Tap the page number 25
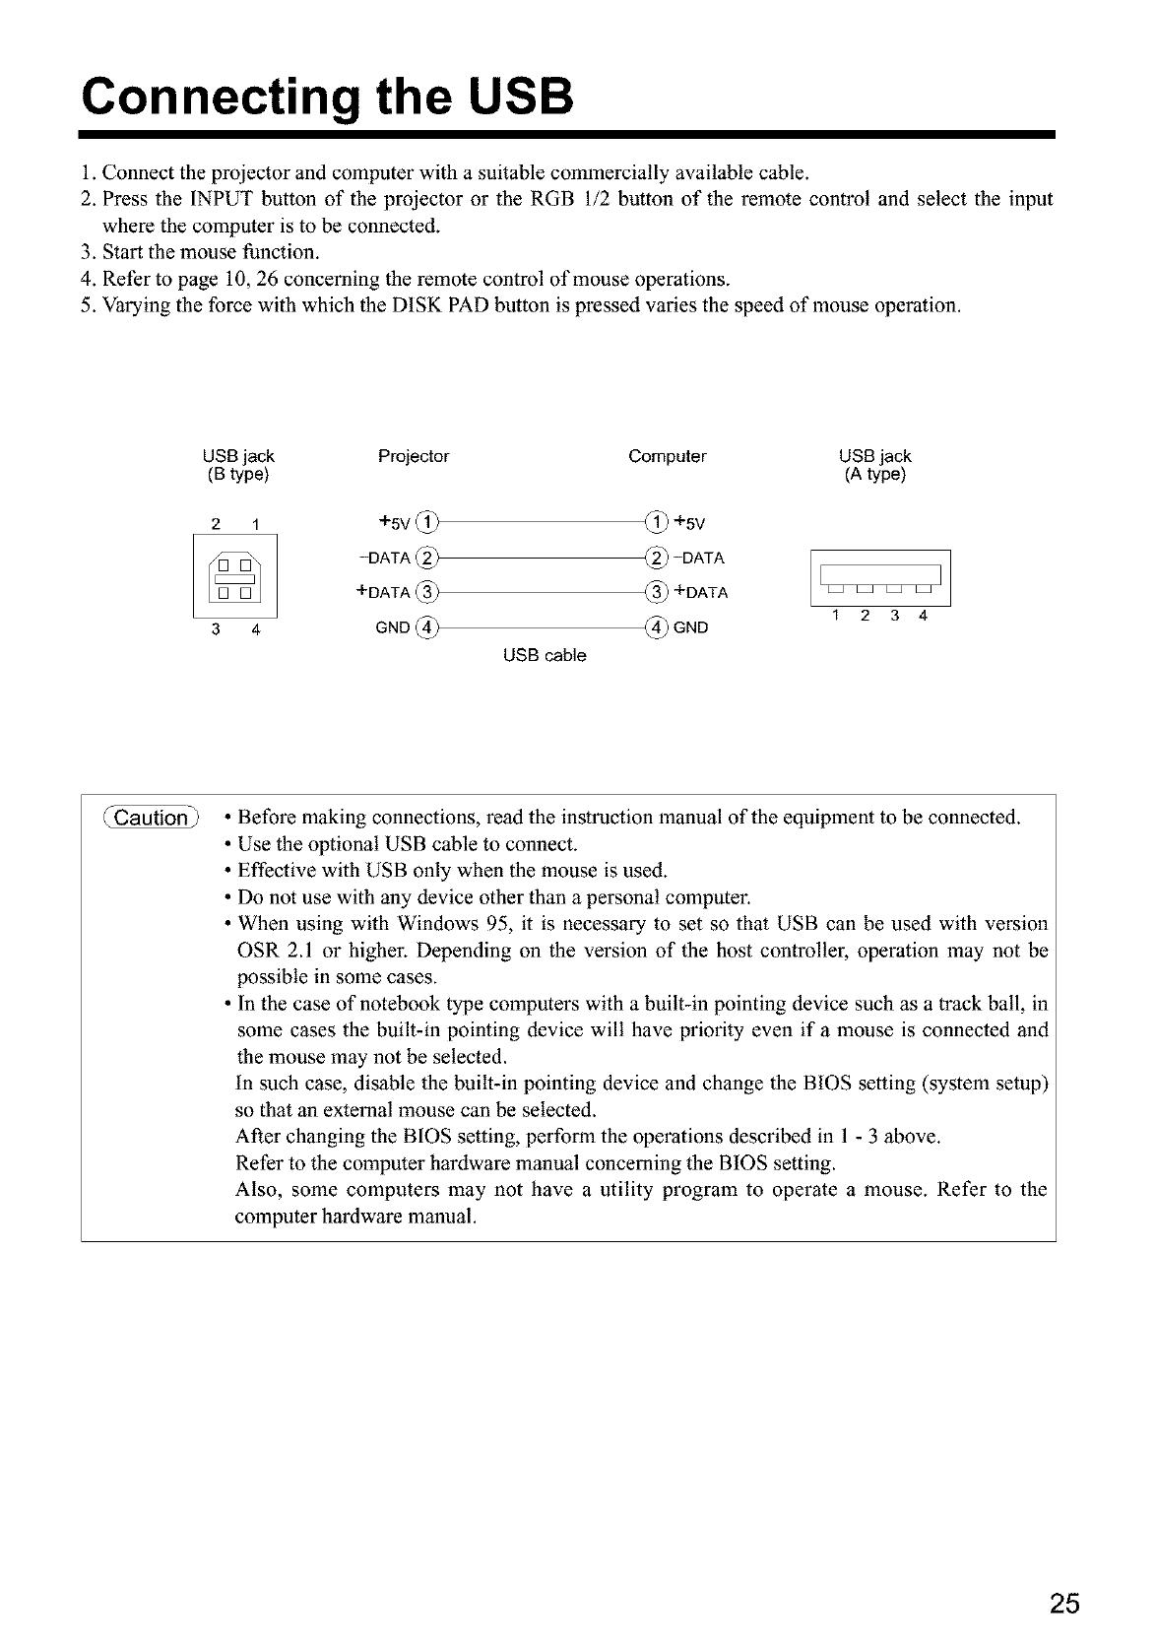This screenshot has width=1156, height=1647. (1063, 1604)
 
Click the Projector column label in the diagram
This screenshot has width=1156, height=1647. (414, 456)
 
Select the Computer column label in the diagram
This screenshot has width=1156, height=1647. (667, 456)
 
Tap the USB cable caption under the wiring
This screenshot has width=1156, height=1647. (545, 655)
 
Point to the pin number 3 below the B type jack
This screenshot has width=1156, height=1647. (214, 631)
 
